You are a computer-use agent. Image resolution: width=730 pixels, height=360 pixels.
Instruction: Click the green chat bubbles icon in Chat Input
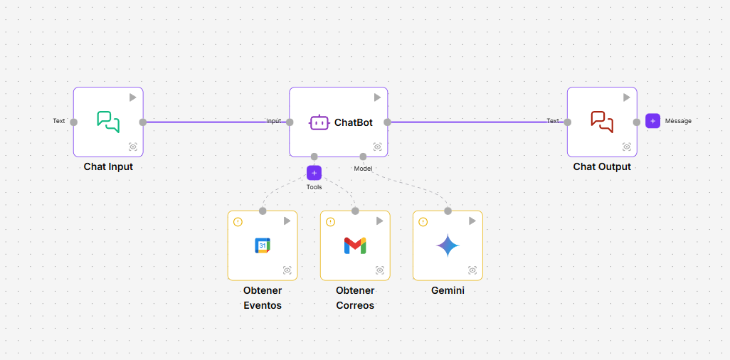[108, 122]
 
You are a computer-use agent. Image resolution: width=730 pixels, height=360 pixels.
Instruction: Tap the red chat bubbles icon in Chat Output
[602, 122]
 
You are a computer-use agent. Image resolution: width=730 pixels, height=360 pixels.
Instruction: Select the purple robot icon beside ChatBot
[319, 122]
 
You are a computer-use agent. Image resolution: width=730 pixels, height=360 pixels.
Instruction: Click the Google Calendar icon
[263, 245]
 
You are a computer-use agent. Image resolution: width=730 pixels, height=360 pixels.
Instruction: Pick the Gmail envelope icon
[355, 245]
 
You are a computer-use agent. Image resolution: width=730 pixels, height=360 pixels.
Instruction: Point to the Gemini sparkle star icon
[448, 245]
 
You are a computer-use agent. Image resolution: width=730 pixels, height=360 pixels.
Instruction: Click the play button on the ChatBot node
[378, 97]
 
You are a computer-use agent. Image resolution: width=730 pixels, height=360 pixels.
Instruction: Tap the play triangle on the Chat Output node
[627, 97]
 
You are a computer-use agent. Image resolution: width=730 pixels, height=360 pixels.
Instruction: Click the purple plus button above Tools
[314, 173]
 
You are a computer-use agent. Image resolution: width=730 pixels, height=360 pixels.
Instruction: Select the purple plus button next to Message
[652, 121]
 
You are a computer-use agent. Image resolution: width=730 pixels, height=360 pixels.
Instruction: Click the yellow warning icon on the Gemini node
[423, 222]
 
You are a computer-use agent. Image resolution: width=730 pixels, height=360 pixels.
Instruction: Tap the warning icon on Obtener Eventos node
[238, 222]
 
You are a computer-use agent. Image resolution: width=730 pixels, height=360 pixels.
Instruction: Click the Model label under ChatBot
[363, 169]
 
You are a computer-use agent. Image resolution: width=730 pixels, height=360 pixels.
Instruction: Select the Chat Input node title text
[108, 166]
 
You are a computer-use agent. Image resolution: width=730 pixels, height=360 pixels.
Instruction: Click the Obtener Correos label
[355, 297]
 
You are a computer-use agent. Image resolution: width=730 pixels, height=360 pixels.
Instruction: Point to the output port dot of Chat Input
[143, 122]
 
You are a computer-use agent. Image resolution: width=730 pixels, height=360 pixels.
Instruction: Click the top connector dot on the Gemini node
[448, 211]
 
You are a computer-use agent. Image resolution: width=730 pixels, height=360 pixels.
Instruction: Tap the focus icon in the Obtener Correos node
[380, 270]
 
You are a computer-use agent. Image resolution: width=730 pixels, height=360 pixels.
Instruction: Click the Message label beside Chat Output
[678, 121]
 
